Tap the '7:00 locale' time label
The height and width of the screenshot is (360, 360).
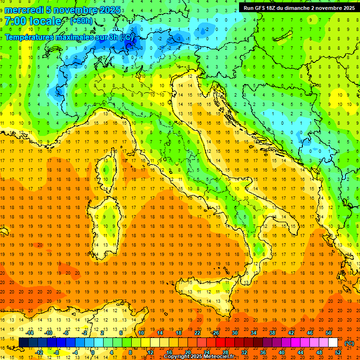click(x=33, y=21)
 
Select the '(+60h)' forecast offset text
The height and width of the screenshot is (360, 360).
click(x=81, y=21)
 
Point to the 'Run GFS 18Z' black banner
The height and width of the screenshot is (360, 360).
click(x=299, y=7)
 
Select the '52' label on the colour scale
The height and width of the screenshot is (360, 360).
click(x=338, y=352)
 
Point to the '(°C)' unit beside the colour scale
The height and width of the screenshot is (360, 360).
click(x=349, y=343)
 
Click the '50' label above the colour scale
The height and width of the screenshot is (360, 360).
click(x=328, y=333)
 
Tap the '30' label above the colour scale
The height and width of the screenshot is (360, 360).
click(x=234, y=333)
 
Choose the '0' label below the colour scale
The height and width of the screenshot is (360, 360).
click(x=92, y=352)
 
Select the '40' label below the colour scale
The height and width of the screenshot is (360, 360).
click(x=281, y=352)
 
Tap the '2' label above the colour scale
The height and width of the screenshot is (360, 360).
click(x=102, y=333)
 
